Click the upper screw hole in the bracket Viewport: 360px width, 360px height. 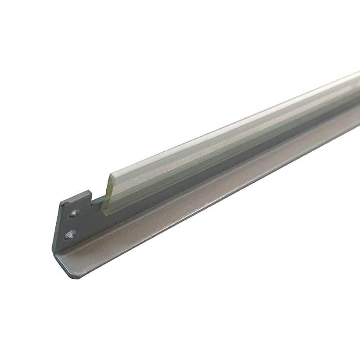[x=73, y=213]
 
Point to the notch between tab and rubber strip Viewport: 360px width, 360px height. [x=97, y=198]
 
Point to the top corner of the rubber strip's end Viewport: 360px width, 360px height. [x=111, y=176]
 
